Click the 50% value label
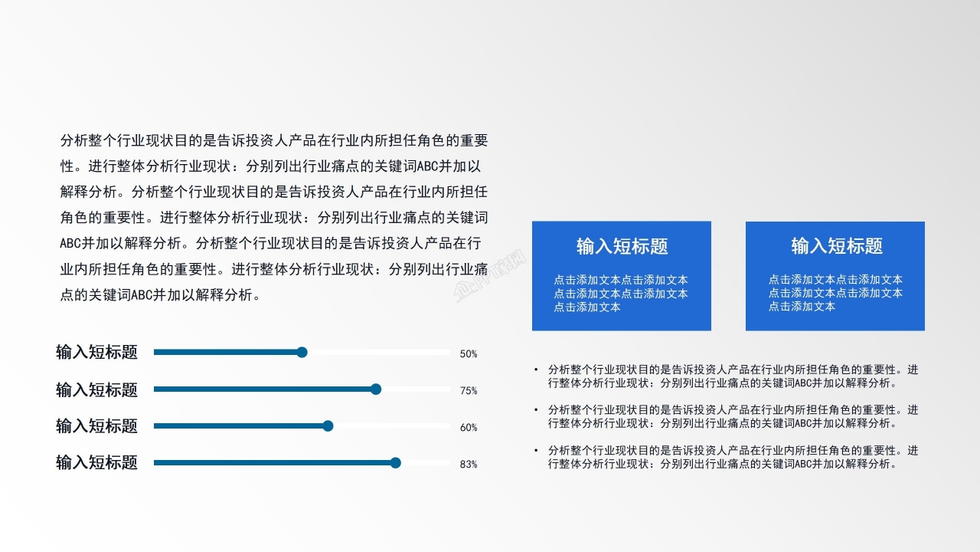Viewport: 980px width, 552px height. pos(469,354)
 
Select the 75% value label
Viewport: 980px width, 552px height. pos(469,391)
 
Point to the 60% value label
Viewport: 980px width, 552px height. pos(469,428)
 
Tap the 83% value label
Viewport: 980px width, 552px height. pos(469,465)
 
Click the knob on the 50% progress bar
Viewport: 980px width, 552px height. pos(302,352)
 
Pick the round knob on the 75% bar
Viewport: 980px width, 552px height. pos(375,389)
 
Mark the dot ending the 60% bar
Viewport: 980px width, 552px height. pos(328,426)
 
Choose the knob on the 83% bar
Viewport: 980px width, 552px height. pos(395,462)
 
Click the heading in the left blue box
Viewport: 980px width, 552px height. pos(622,246)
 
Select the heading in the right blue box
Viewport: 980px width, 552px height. pos(837,246)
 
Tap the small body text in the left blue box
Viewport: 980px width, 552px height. pos(621,294)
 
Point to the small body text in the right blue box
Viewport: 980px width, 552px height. pos(835,293)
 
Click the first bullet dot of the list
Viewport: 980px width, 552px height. pos(536,370)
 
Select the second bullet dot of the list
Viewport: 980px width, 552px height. pos(536,410)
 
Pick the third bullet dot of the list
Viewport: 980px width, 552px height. pos(536,451)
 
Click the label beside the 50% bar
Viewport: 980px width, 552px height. pos(96,352)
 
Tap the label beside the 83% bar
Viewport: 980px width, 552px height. pos(96,462)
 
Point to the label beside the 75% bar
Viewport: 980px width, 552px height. pos(96,389)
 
